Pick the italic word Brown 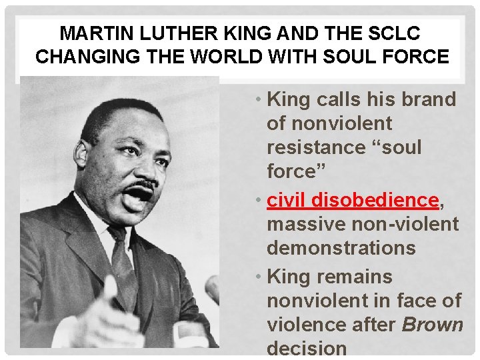pos(432,325)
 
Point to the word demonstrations pos(341,249)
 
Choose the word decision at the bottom pos(307,348)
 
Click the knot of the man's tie pos(118,235)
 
